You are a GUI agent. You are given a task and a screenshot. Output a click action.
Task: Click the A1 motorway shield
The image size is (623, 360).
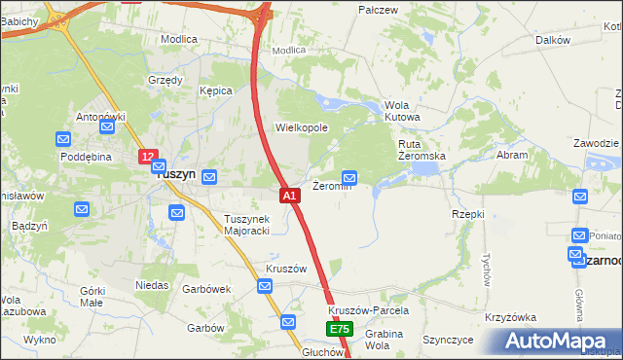[289, 196]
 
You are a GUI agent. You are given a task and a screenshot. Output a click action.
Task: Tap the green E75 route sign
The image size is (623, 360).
[339, 330]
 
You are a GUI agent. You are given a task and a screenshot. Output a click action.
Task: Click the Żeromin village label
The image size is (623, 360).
[331, 186]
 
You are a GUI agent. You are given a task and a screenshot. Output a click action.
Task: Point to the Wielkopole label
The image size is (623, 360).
[302, 127]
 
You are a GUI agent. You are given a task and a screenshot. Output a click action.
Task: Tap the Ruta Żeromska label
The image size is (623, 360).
[421, 150]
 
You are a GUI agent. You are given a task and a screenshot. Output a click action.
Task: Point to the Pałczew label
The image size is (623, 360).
[379, 10]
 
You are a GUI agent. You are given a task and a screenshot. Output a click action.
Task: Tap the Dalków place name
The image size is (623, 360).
[552, 40]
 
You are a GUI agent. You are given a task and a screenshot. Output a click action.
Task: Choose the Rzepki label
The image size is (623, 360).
[467, 213]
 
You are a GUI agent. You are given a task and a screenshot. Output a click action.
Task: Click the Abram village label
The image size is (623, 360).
[512, 155]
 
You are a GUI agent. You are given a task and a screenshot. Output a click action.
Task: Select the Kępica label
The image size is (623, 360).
[215, 90]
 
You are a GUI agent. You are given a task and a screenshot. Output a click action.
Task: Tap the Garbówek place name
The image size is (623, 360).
[205, 288]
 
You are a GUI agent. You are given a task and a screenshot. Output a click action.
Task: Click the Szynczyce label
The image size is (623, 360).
[448, 340]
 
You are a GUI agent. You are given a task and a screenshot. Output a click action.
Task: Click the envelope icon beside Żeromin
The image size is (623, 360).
[350, 177]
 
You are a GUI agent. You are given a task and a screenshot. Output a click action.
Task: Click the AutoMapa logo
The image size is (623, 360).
[558, 341]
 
